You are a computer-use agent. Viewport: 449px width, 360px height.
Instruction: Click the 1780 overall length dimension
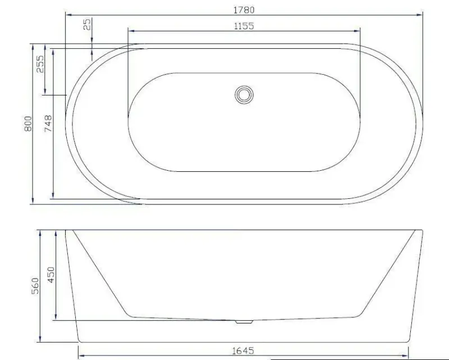[x=244, y=10]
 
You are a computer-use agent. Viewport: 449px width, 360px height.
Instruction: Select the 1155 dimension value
[x=244, y=26]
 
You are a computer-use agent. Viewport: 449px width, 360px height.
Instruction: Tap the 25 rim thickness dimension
[x=88, y=24]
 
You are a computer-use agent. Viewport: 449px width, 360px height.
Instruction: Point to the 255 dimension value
[x=40, y=64]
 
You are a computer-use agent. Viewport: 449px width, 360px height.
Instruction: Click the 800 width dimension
[x=28, y=124]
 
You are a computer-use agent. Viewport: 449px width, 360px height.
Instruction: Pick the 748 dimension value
[x=48, y=123]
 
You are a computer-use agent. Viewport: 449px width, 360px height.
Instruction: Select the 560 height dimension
[x=35, y=286]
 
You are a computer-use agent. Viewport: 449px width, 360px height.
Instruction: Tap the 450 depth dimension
[x=51, y=275]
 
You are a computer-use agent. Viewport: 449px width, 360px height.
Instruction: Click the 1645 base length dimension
[x=243, y=351]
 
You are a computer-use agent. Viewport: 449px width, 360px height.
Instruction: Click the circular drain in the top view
[x=244, y=94]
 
